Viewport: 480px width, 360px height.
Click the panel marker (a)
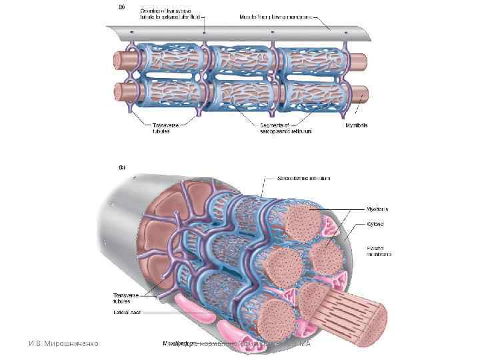[x=121, y=7]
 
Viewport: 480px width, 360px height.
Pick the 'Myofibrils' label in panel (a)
[x=356, y=125]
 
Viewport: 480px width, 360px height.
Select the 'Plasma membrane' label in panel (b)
[x=379, y=251]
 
